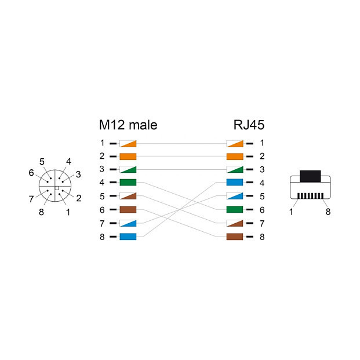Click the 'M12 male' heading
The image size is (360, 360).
[128, 125]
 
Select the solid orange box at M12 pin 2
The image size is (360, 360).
[128, 156]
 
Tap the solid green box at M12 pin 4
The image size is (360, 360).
[128, 183]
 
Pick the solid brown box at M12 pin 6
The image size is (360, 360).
[128, 209]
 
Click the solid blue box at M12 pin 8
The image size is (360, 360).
[128, 236]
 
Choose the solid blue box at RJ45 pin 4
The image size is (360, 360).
[234, 183]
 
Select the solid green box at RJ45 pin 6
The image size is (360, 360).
[234, 209]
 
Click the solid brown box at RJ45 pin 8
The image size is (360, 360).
[234, 236]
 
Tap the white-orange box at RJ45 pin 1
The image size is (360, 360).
[234, 143]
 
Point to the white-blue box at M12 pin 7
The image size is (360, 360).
[128, 223]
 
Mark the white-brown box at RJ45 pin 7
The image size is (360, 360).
[234, 223]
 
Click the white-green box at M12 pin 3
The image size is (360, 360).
[128, 169]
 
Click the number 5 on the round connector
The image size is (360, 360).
[42, 161]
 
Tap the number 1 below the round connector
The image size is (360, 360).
[68, 212]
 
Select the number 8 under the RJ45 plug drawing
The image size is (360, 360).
[328, 212]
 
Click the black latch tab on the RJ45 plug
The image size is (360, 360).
[310, 177]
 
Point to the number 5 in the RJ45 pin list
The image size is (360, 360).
[262, 196]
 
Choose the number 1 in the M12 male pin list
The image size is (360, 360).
[101, 143]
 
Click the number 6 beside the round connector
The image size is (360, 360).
[31, 172]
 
